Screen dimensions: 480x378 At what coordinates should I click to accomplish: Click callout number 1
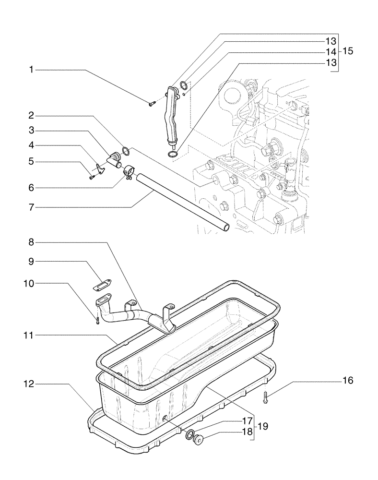(x=31, y=70)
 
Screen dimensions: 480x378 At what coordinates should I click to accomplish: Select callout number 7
(x=31, y=208)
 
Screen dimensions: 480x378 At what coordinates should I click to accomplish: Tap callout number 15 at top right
(x=348, y=51)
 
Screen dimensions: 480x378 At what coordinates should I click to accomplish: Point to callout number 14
(x=331, y=52)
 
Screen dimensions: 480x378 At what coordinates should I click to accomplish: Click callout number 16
(x=347, y=381)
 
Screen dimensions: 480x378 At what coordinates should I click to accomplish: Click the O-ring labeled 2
(x=126, y=152)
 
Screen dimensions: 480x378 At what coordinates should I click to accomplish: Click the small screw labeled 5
(x=92, y=178)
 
